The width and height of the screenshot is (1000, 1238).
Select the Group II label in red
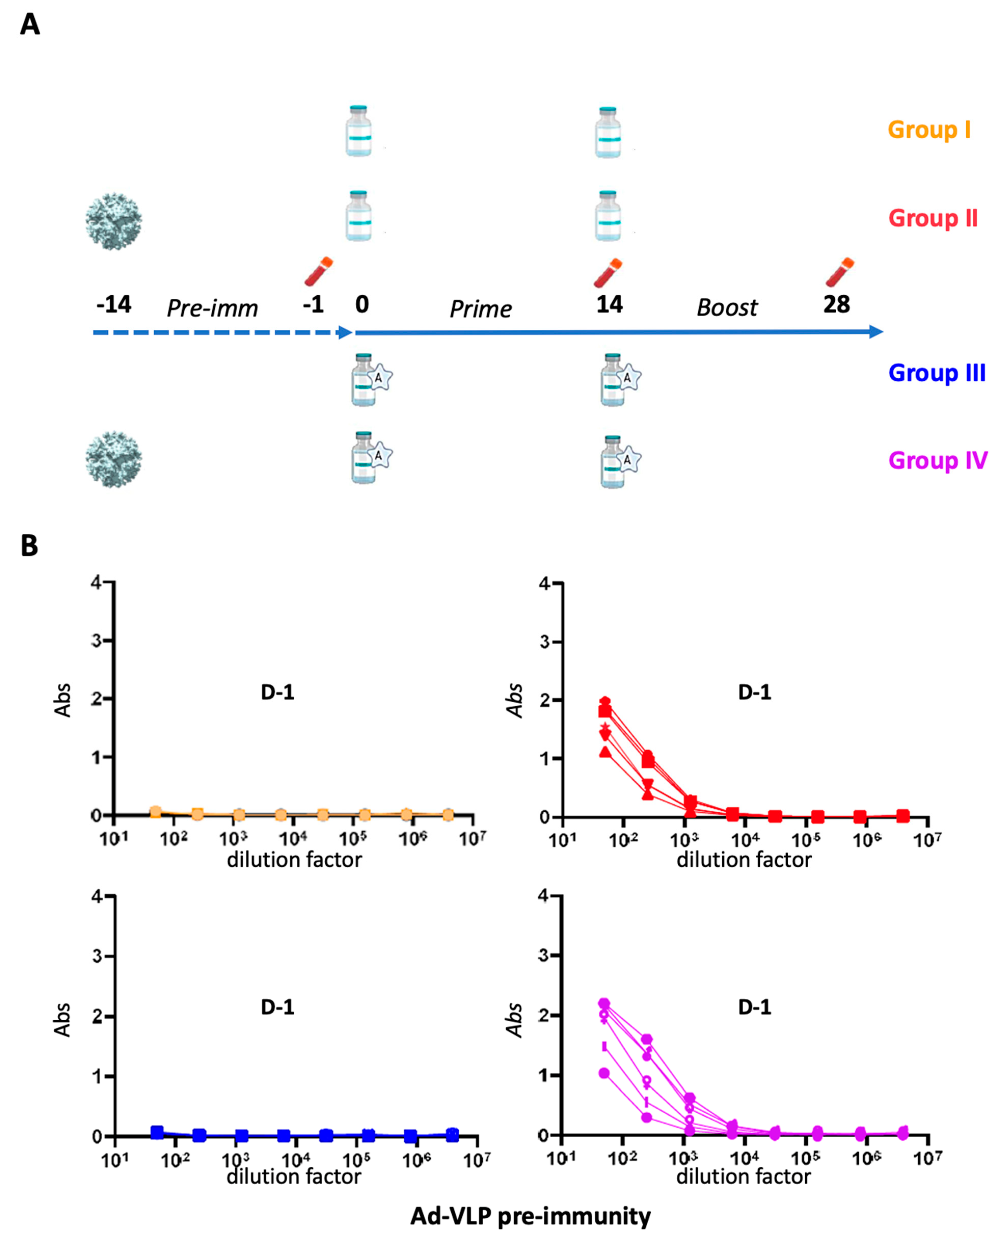pos(933,218)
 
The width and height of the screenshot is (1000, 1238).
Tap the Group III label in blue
pos(937,373)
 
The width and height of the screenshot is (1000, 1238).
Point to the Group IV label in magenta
pos(937,460)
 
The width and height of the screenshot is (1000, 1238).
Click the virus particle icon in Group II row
pos(114,221)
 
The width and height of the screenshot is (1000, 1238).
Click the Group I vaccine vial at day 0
pos(358,131)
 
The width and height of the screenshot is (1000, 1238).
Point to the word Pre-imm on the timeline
pos(212,308)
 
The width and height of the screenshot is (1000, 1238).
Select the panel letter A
pos(30,25)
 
